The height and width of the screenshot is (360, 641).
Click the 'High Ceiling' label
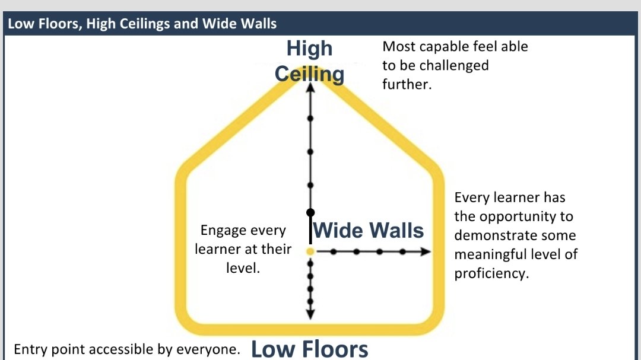(x=309, y=61)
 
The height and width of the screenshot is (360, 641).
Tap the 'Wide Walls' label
(x=369, y=230)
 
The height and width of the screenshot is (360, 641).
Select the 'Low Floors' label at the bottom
(x=309, y=348)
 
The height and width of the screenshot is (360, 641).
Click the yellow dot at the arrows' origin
(x=310, y=252)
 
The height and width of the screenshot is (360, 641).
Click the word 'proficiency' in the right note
(x=490, y=273)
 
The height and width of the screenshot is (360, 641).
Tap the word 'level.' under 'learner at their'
(x=243, y=267)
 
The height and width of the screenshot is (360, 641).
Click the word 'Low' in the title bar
(x=20, y=24)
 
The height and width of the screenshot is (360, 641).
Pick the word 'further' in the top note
(x=406, y=84)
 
